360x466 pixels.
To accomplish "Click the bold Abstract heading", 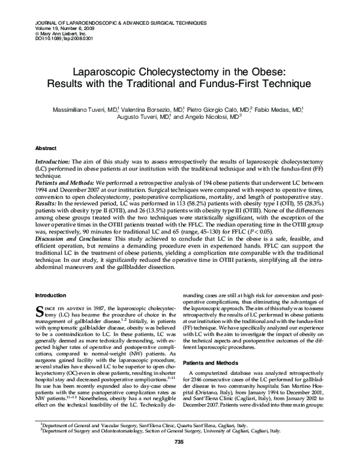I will point(46,147).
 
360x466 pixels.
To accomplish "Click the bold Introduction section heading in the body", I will point(52,295).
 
